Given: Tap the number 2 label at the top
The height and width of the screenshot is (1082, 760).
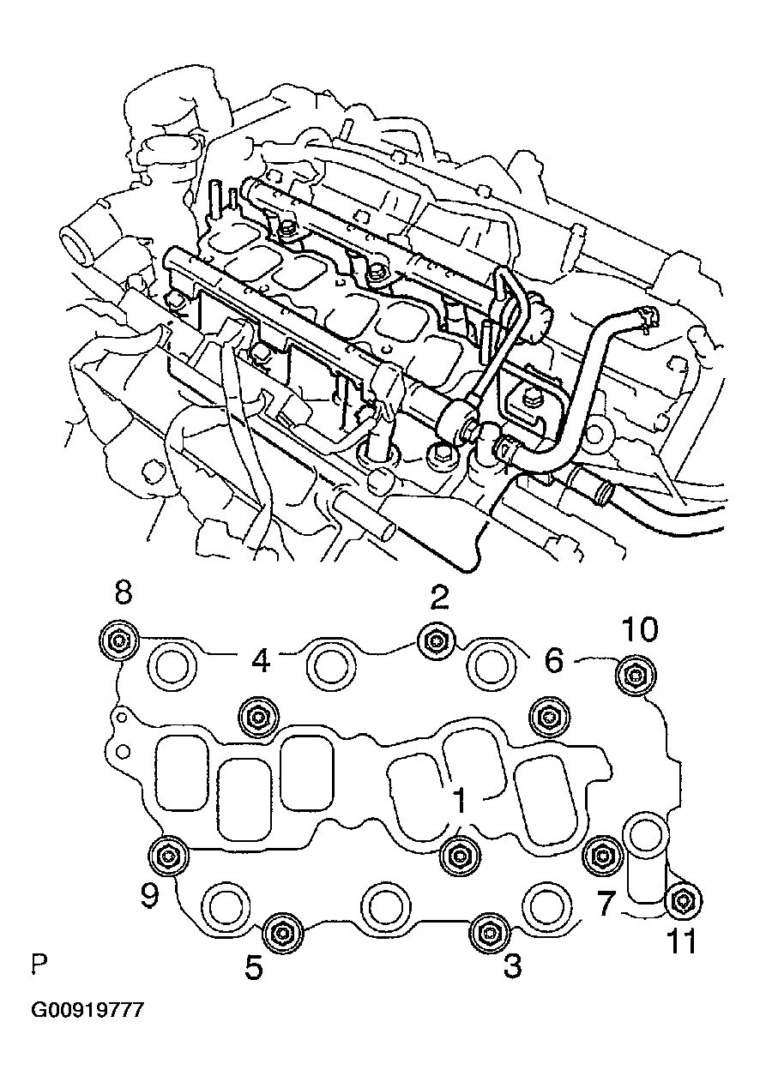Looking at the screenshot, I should pyautogui.click(x=438, y=597).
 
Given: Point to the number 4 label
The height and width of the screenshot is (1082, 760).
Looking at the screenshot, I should pyautogui.click(x=262, y=660).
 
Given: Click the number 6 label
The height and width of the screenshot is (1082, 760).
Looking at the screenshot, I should pyautogui.click(x=554, y=660).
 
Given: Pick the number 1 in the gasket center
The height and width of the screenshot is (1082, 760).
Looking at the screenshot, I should pyautogui.click(x=460, y=801).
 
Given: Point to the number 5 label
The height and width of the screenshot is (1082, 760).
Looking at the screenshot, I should pyautogui.click(x=255, y=967).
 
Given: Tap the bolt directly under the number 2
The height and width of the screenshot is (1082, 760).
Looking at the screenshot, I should pyautogui.click(x=435, y=641).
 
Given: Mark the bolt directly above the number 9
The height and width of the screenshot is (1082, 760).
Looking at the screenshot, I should pyautogui.click(x=166, y=854).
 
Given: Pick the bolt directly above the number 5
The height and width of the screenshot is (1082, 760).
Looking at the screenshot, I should pyautogui.click(x=280, y=931).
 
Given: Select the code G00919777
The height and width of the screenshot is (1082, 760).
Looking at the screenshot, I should pyautogui.click(x=87, y=1011).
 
